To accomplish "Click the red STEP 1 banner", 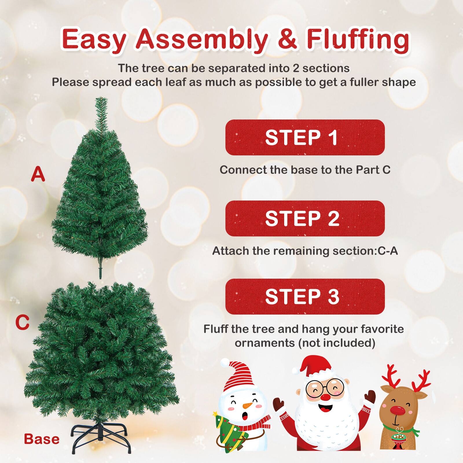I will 305,137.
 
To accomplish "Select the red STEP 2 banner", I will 305,218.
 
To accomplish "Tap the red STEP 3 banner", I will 305,297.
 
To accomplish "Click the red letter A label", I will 38,174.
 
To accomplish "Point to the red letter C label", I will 22,323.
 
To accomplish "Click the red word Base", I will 42,439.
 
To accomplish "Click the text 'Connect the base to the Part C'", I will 305,170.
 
